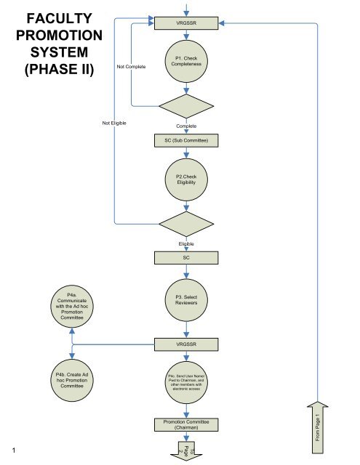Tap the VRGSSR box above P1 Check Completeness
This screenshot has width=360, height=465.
coord(187,23)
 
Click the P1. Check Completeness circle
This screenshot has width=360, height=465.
coord(187,62)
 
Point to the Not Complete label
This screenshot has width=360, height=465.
coord(131,67)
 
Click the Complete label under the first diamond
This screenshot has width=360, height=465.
coord(187,126)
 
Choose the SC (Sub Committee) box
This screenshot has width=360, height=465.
coord(187,140)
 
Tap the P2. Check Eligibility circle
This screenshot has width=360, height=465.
coord(187,179)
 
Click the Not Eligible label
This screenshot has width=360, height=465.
coord(114,124)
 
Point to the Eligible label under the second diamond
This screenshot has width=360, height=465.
coord(187,243)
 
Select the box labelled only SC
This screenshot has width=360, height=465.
coord(187,257)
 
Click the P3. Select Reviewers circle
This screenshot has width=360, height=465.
coord(187,299)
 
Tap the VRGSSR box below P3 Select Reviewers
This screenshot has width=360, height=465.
coord(187,342)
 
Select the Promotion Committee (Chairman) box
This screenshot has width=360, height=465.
coord(187,424)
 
